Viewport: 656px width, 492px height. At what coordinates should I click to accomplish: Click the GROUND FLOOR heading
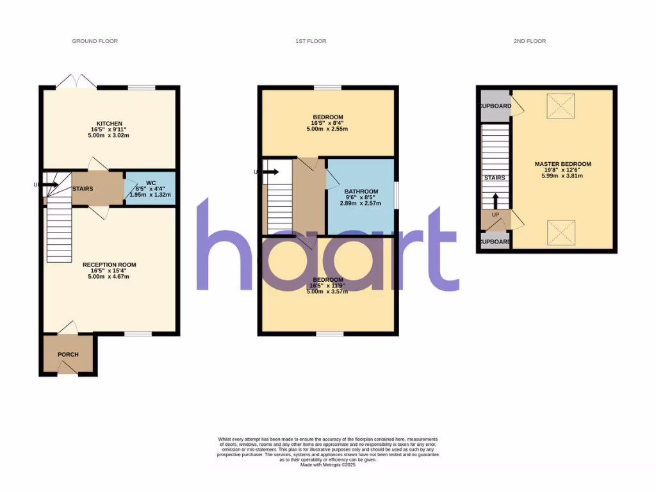pyautogui.click(x=95, y=41)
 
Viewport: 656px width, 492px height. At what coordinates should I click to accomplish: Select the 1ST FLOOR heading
pyautogui.click(x=311, y=41)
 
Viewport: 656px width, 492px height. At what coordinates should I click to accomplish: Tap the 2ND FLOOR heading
pyautogui.click(x=529, y=41)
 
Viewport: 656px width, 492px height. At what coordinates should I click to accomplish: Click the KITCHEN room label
pyautogui.click(x=110, y=124)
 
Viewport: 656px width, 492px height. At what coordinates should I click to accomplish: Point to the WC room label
pyautogui.click(x=151, y=183)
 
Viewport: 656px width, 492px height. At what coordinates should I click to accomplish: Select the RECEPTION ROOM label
pyautogui.click(x=110, y=265)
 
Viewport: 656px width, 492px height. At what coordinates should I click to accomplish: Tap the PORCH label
pyautogui.click(x=68, y=354)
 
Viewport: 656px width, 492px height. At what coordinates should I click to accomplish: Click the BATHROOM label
pyautogui.click(x=361, y=192)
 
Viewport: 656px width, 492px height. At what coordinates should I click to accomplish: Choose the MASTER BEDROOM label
pyautogui.click(x=562, y=164)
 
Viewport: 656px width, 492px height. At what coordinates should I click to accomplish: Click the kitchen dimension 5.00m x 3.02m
pyautogui.click(x=110, y=136)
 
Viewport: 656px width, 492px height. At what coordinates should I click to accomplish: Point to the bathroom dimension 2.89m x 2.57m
pyautogui.click(x=361, y=204)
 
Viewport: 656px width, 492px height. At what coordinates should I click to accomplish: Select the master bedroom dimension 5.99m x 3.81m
pyautogui.click(x=562, y=176)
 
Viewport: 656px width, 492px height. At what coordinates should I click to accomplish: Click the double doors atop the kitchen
pyautogui.click(x=76, y=81)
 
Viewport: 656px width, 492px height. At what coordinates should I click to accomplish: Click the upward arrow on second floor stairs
pyautogui.click(x=495, y=199)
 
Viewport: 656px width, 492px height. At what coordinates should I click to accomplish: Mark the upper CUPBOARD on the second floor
pyautogui.click(x=496, y=106)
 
